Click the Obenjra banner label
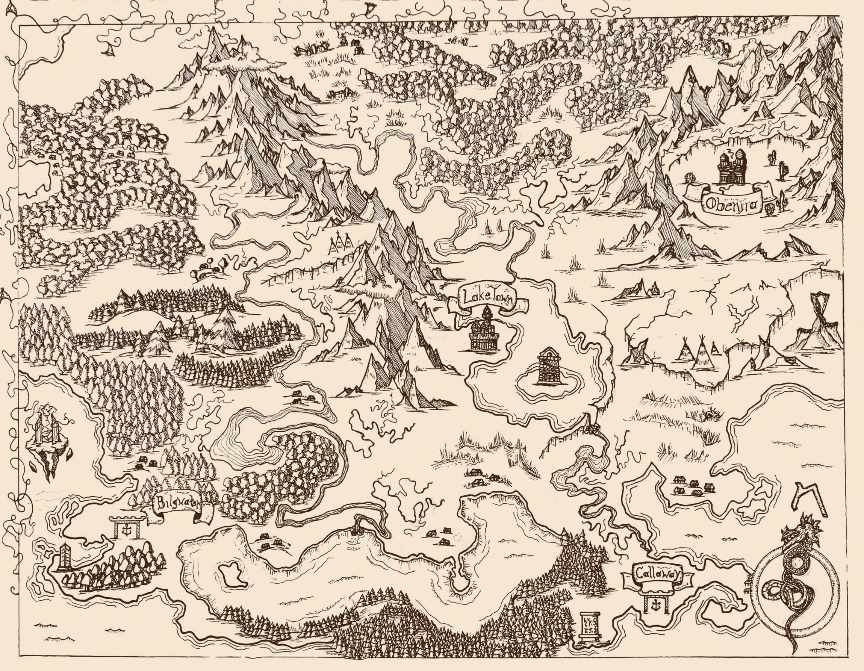pos(732,205)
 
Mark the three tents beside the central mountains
pos(340,242)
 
